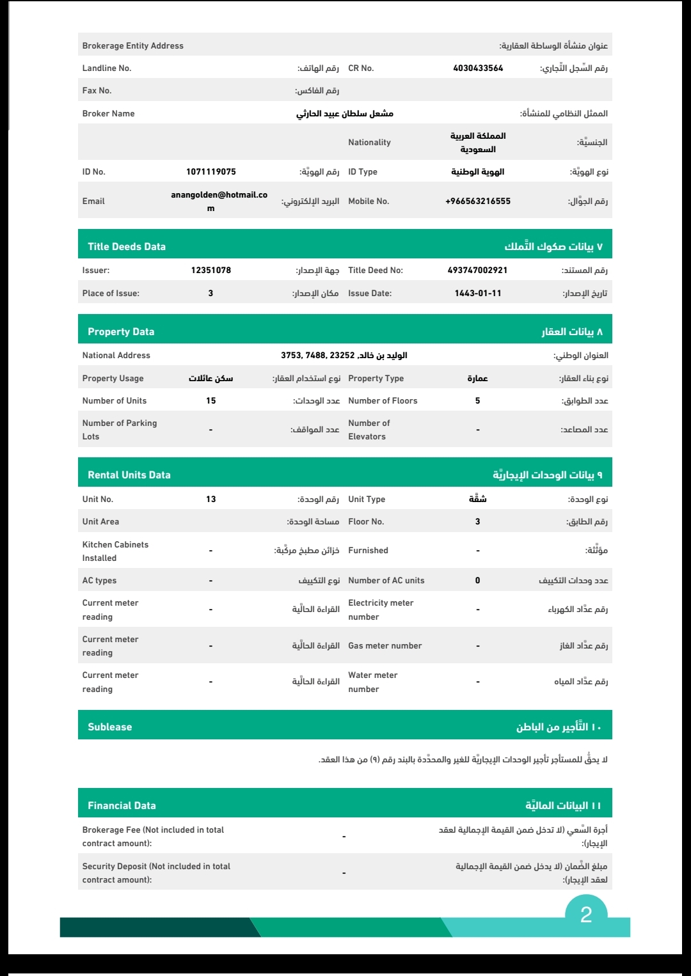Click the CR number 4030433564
pos(478,68)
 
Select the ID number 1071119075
pos(211,172)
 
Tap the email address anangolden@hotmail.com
pos(219,201)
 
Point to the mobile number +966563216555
pos(478,201)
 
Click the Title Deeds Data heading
pos(127,247)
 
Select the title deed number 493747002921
pos(477,271)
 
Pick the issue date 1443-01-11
pos(478,294)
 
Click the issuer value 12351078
pos(211,271)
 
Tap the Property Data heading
pos(121,332)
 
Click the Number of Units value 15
pos(211,401)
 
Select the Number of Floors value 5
pos(477,401)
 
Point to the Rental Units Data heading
pos(129,475)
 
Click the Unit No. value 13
pos(211,500)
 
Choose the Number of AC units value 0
pos(477,581)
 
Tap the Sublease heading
pos(110,727)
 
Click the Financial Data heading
pos(122,806)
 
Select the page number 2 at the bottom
pos(586,915)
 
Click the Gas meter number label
pos(385,646)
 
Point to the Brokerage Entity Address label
pos(133,46)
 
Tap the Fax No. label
pos(97,91)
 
